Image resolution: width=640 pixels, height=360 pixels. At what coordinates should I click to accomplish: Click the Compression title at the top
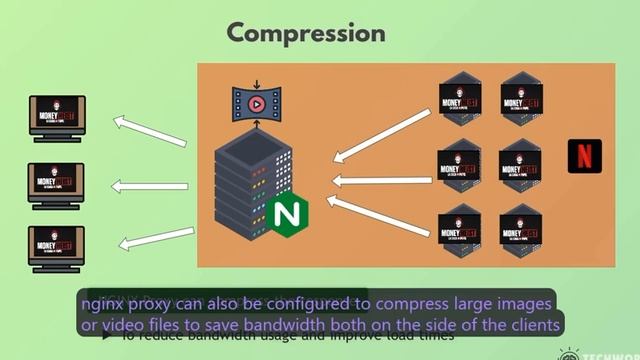pyautogui.click(x=306, y=32)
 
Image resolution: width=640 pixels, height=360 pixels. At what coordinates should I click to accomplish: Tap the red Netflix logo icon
pyautogui.click(x=584, y=156)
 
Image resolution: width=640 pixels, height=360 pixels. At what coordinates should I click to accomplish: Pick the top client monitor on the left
pyautogui.click(x=57, y=117)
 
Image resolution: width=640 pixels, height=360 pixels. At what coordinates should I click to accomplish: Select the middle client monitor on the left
pyautogui.click(x=57, y=184)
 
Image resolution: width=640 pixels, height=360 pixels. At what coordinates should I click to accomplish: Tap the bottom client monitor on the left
pyautogui.click(x=57, y=247)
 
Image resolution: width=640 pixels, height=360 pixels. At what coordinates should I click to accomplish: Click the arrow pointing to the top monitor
pyautogui.click(x=150, y=131)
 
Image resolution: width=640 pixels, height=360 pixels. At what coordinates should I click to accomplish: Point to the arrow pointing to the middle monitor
pyautogui.click(x=149, y=185)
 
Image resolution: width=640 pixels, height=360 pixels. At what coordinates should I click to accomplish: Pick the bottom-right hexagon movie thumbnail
pyautogui.click(x=521, y=231)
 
